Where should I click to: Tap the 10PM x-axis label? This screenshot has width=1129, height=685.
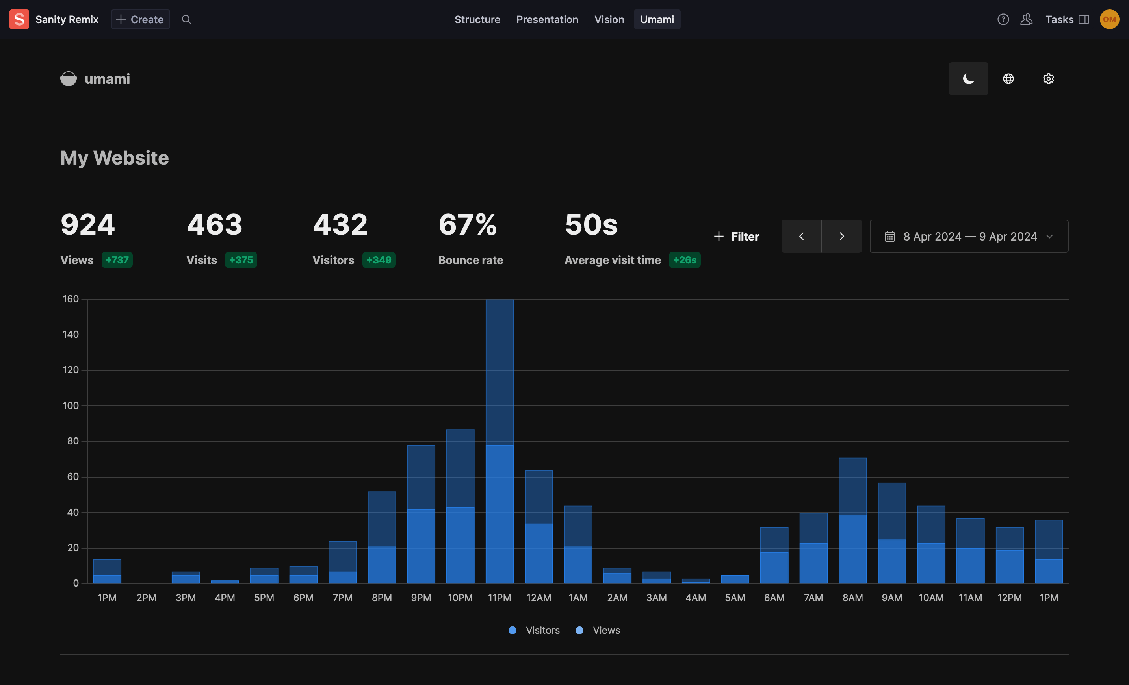(460, 598)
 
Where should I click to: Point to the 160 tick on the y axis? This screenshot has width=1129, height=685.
(71, 299)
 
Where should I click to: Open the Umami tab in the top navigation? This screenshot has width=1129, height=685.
(657, 19)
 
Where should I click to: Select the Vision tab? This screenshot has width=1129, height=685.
(609, 19)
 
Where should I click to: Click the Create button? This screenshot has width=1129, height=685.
(140, 19)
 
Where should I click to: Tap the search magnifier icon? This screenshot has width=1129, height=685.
(186, 19)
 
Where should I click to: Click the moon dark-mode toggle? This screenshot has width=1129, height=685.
(968, 79)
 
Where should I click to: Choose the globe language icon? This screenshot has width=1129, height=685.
(1008, 79)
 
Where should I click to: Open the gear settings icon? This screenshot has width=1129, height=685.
(1048, 79)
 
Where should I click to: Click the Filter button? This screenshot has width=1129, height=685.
(737, 236)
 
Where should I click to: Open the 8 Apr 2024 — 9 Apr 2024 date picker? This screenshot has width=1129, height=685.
(969, 236)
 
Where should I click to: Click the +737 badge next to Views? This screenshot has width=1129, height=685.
(117, 260)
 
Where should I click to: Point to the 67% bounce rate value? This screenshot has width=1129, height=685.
(467, 225)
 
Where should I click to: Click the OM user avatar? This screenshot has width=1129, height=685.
(1109, 19)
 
